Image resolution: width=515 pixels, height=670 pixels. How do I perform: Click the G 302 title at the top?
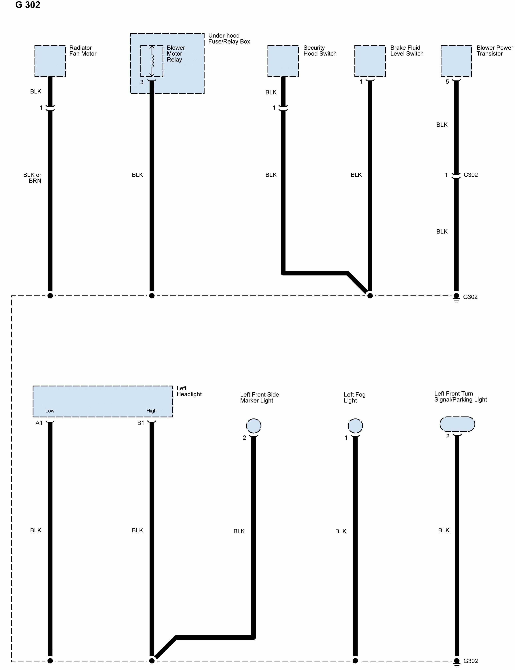tap(28, 5)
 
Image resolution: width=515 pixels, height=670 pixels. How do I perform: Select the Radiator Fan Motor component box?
tap(50, 61)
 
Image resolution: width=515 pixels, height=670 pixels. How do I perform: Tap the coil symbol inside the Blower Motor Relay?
tap(152, 61)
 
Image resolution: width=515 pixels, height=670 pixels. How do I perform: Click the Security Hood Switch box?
tap(283, 61)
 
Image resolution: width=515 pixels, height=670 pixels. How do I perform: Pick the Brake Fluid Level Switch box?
tap(370, 61)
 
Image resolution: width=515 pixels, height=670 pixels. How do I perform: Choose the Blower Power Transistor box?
tap(456, 61)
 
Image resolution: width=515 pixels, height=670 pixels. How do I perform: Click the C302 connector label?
tap(470, 175)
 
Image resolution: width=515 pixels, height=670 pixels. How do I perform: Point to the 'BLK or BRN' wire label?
tap(33, 178)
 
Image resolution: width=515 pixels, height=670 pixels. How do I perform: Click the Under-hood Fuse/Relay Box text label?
tap(229, 39)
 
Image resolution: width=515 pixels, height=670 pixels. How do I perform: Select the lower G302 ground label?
tap(470, 661)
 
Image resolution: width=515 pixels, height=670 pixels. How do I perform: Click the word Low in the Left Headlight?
tap(50, 411)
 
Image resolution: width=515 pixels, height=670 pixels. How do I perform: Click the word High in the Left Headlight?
tap(151, 411)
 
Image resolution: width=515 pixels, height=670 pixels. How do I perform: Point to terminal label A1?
tap(39, 423)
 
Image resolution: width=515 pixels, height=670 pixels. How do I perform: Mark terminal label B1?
tap(141, 423)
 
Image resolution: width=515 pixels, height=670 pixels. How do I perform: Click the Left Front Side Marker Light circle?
tap(254, 425)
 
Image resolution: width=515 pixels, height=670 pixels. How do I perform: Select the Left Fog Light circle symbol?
tap(355, 425)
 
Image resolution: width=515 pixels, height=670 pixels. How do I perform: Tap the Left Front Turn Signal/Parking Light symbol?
tap(457, 424)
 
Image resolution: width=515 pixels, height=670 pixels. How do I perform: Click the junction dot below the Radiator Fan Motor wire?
tap(50, 296)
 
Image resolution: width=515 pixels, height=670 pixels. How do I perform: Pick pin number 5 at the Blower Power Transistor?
tap(447, 82)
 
